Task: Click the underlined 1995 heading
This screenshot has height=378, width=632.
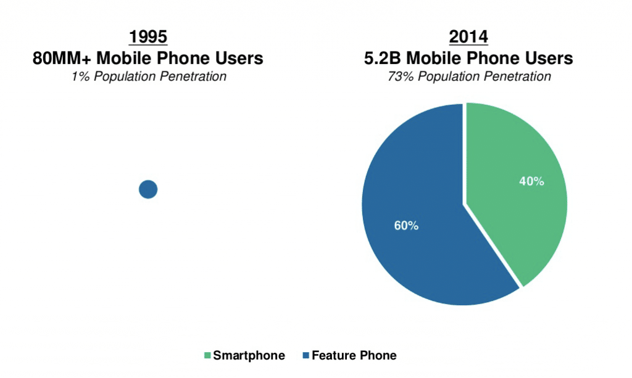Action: click(148, 37)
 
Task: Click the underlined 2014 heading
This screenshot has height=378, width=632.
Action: click(468, 37)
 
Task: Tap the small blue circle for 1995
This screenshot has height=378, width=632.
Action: click(148, 189)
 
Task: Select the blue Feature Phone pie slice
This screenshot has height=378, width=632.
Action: click(420, 234)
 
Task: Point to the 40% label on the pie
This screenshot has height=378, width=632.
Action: click(531, 182)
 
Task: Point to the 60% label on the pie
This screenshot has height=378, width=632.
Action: click(406, 226)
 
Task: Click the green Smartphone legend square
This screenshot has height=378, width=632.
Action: click(207, 356)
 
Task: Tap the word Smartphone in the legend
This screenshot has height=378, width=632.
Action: click(249, 356)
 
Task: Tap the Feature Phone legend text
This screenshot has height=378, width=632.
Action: click(354, 356)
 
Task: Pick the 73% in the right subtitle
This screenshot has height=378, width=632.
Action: click(398, 77)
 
